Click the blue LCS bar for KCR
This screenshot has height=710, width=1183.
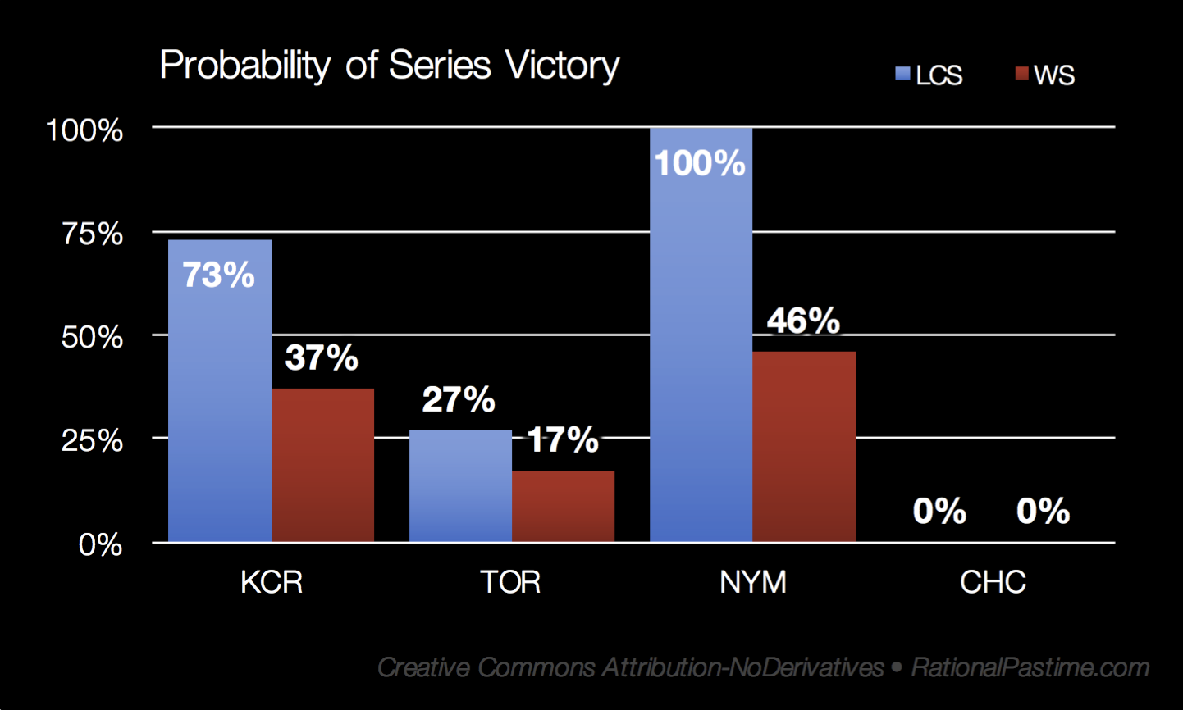220,391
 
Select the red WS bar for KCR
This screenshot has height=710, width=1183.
322,466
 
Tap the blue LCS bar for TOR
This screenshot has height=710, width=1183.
460,486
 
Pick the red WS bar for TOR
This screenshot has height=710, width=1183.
563,507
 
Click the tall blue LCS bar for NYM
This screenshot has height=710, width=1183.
701,335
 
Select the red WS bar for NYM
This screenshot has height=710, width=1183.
804,447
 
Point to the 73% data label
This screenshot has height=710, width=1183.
218,275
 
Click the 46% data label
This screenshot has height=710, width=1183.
803,321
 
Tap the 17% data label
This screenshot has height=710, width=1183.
563,439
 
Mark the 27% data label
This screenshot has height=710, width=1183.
459,399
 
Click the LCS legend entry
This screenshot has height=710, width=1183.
929,75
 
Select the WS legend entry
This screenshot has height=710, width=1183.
1044,75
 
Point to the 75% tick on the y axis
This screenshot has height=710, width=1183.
93,234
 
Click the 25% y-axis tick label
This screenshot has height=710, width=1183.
93,440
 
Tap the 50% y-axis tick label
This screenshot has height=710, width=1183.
93,337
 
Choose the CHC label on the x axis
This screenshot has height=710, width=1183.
993,582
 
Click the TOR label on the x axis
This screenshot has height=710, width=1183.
510,582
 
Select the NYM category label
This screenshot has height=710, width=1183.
753,582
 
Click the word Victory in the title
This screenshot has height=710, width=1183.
562,66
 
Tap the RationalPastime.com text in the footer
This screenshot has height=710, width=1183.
1030,667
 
